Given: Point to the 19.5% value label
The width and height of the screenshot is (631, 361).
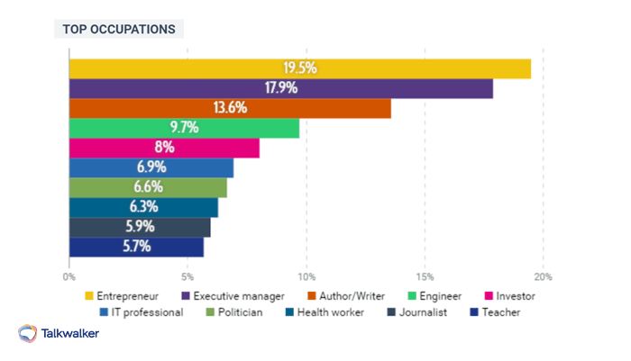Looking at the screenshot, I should pyautogui.click(x=299, y=68).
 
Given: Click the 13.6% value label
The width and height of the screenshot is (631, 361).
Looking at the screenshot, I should pyautogui.click(x=230, y=108).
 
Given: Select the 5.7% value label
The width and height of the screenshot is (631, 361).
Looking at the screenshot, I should pyautogui.click(x=136, y=247).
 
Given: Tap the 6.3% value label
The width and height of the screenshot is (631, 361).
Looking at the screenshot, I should pyautogui.click(x=143, y=207).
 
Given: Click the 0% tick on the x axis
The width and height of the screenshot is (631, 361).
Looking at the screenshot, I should pyautogui.click(x=69, y=276).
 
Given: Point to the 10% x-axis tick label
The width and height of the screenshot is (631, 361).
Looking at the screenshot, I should pyautogui.click(x=306, y=276).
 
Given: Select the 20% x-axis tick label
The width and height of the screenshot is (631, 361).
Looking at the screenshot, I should pyautogui.click(x=543, y=276).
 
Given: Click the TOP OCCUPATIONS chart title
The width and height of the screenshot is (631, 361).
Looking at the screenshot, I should pyautogui.click(x=118, y=30).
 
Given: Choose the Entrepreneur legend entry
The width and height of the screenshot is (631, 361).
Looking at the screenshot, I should pyautogui.click(x=127, y=295).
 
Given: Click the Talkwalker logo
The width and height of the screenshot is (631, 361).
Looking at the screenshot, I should pyautogui.click(x=59, y=334).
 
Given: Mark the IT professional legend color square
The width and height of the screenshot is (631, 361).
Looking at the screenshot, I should pyautogui.click(x=104, y=312).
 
